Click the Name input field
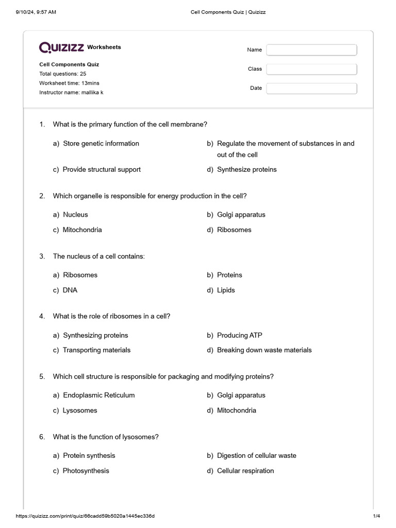pos(311,50)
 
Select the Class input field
pos(311,69)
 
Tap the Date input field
pos(311,88)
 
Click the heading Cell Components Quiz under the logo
pos(69,64)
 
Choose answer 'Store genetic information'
pos(101,143)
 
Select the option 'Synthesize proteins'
pos(246,170)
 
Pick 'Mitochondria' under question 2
pos(82,230)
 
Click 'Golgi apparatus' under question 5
pos(241,395)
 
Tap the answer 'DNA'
pos(70,290)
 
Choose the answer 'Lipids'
pos(226,290)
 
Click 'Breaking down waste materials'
pos(264,350)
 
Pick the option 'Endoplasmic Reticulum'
pos(98,395)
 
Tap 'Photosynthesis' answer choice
pos(86,471)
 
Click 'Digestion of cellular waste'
pos(256,456)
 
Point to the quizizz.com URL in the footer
pos(85,516)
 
